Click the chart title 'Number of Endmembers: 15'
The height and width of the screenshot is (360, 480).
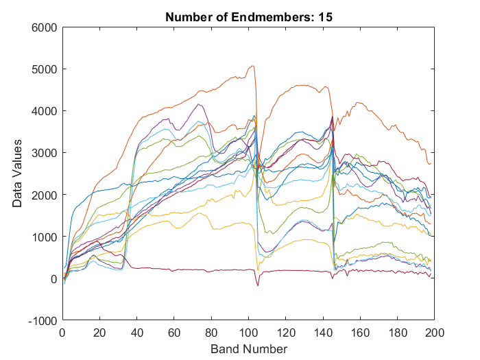[x=249, y=17]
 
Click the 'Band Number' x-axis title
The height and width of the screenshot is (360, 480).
[x=249, y=349]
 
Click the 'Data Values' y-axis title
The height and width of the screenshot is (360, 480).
[x=16, y=173]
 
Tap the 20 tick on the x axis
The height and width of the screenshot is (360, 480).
[x=99, y=333]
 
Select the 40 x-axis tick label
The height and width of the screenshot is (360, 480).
[x=137, y=333]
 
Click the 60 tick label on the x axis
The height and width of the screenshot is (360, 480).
[x=174, y=333]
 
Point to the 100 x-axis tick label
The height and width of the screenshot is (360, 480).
[x=249, y=333]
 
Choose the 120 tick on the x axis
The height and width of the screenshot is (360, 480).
[x=286, y=333]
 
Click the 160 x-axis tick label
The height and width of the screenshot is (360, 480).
[x=361, y=333]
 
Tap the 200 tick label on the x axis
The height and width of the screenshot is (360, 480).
[x=435, y=333]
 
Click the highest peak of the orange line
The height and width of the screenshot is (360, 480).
[x=253, y=66]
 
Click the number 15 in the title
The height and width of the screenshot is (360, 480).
[x=326, y=17]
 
